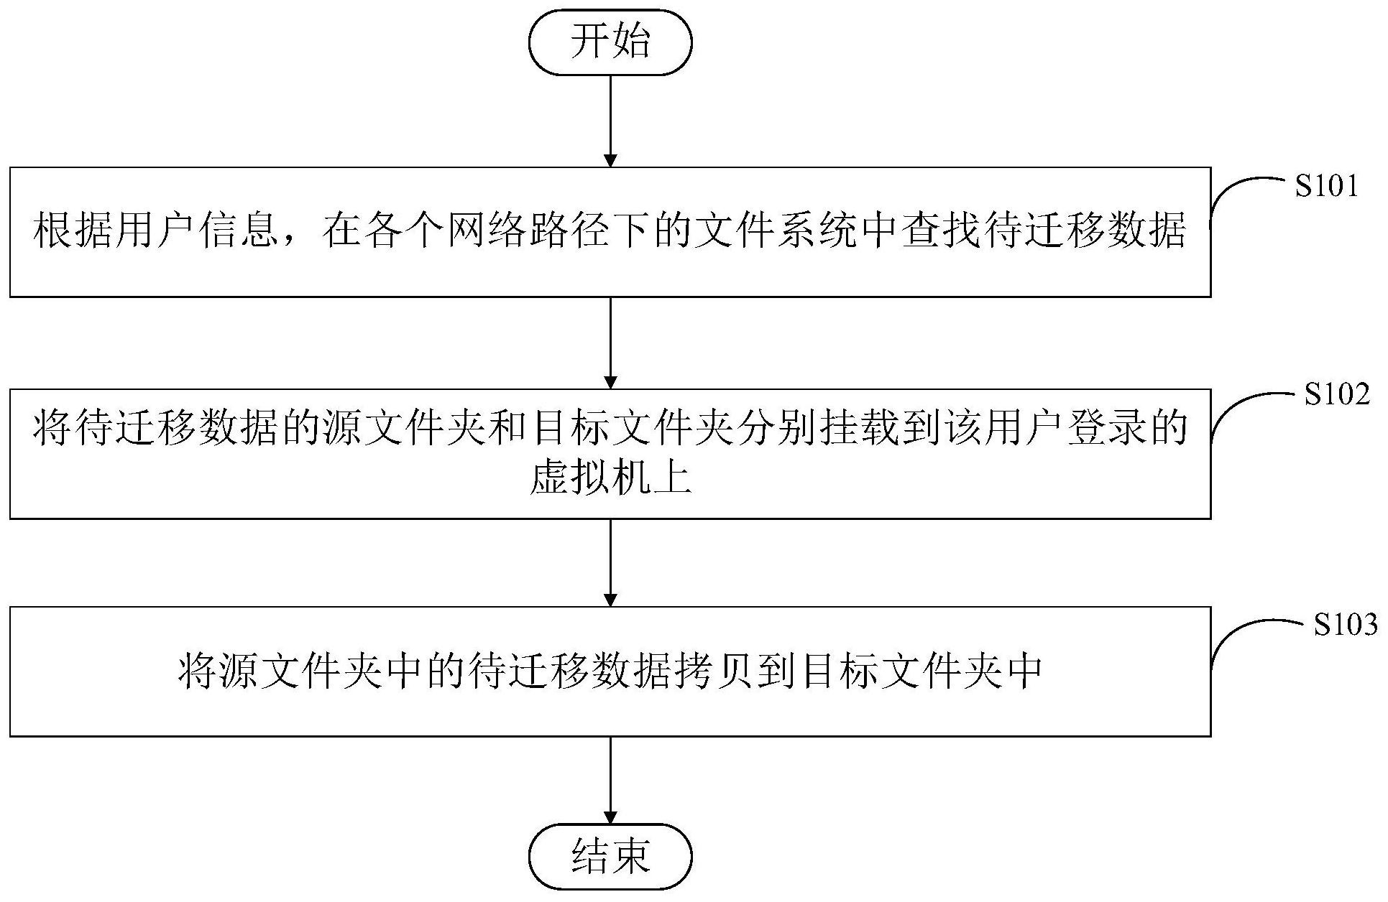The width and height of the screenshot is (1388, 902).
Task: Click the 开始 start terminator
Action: pos(610,42)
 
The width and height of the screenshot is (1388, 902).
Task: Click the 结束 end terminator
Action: pos(610,856)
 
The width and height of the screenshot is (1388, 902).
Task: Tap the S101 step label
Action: pos(1326,187)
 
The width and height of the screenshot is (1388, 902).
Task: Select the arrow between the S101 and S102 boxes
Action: pos(610,343)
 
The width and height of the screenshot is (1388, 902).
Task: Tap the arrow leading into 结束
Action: pos(610,780)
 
